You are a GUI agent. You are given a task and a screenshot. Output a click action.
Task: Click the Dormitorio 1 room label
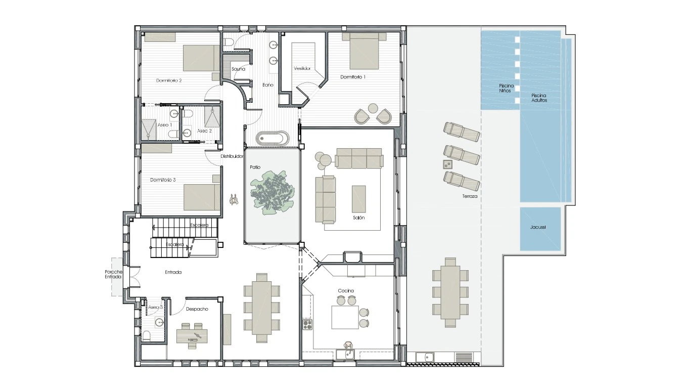pos(353,77)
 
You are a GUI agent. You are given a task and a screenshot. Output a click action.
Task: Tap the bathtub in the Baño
pos(272,138)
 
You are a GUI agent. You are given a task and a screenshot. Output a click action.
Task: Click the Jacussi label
pos(538,227)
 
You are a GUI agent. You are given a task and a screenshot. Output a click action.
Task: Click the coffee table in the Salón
pos(359,199)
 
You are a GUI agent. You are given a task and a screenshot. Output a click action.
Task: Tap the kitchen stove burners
pos(307,324)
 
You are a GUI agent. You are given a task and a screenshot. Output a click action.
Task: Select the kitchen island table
pos(345,317)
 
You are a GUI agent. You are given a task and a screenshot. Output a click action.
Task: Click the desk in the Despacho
pos(192,336)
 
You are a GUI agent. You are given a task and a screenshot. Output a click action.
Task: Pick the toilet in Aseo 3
pos(146,336)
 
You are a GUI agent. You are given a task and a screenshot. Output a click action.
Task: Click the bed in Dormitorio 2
pos(201,58)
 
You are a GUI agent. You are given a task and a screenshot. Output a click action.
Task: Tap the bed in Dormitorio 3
pos(202,197)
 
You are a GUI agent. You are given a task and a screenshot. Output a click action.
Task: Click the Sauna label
pos(238,69)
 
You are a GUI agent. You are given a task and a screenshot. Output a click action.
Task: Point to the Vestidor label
pos(302,68)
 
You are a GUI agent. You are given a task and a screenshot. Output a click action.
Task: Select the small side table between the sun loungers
pos(447,164)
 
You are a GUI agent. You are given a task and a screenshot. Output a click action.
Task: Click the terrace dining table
pos(450,292)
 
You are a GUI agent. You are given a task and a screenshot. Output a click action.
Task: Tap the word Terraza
pos(470,196)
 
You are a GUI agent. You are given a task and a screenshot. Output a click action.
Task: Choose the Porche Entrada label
pos(114,274)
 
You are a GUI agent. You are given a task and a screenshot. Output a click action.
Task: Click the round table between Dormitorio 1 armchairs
pos(373,108)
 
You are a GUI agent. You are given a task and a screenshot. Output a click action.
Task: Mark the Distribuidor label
pos(232,156)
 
